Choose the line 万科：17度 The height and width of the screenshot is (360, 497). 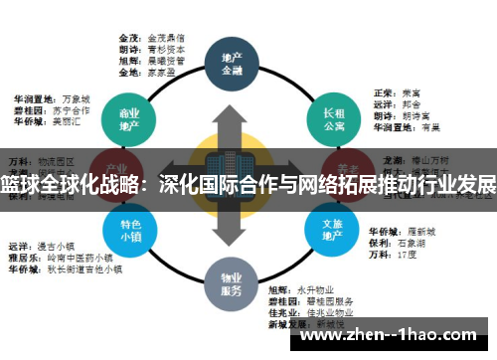pyautogui.click(x=392, y=254)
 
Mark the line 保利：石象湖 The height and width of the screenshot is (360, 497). pyautogui.click(x=399, y=242)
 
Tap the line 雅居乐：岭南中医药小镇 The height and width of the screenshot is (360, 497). pyautogui.click(x=59, y=257)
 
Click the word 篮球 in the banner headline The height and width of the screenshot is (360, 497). pyautogui.click(x=19, y=186)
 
